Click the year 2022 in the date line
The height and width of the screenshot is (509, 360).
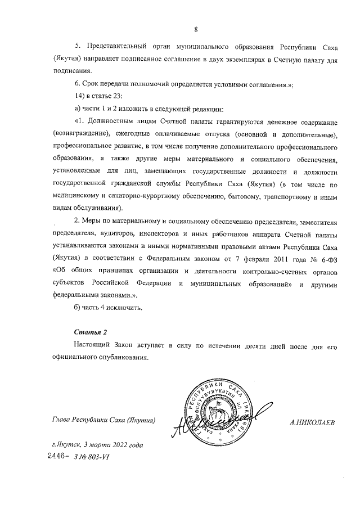[114, 445]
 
